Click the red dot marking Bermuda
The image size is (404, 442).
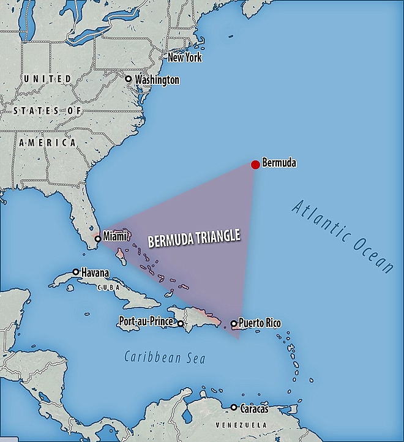255,164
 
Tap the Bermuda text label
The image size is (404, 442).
279,163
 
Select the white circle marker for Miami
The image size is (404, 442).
97,239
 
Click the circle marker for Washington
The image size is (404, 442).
128,79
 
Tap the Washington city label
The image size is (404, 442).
157,80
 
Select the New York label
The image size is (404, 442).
184,58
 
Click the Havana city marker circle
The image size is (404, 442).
76,271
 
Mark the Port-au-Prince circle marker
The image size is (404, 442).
181,323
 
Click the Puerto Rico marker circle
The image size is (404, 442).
233,323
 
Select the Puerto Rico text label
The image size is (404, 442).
260,323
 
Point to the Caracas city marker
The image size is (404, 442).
233,407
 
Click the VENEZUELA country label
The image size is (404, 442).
242,424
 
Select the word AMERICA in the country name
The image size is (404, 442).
47,142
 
